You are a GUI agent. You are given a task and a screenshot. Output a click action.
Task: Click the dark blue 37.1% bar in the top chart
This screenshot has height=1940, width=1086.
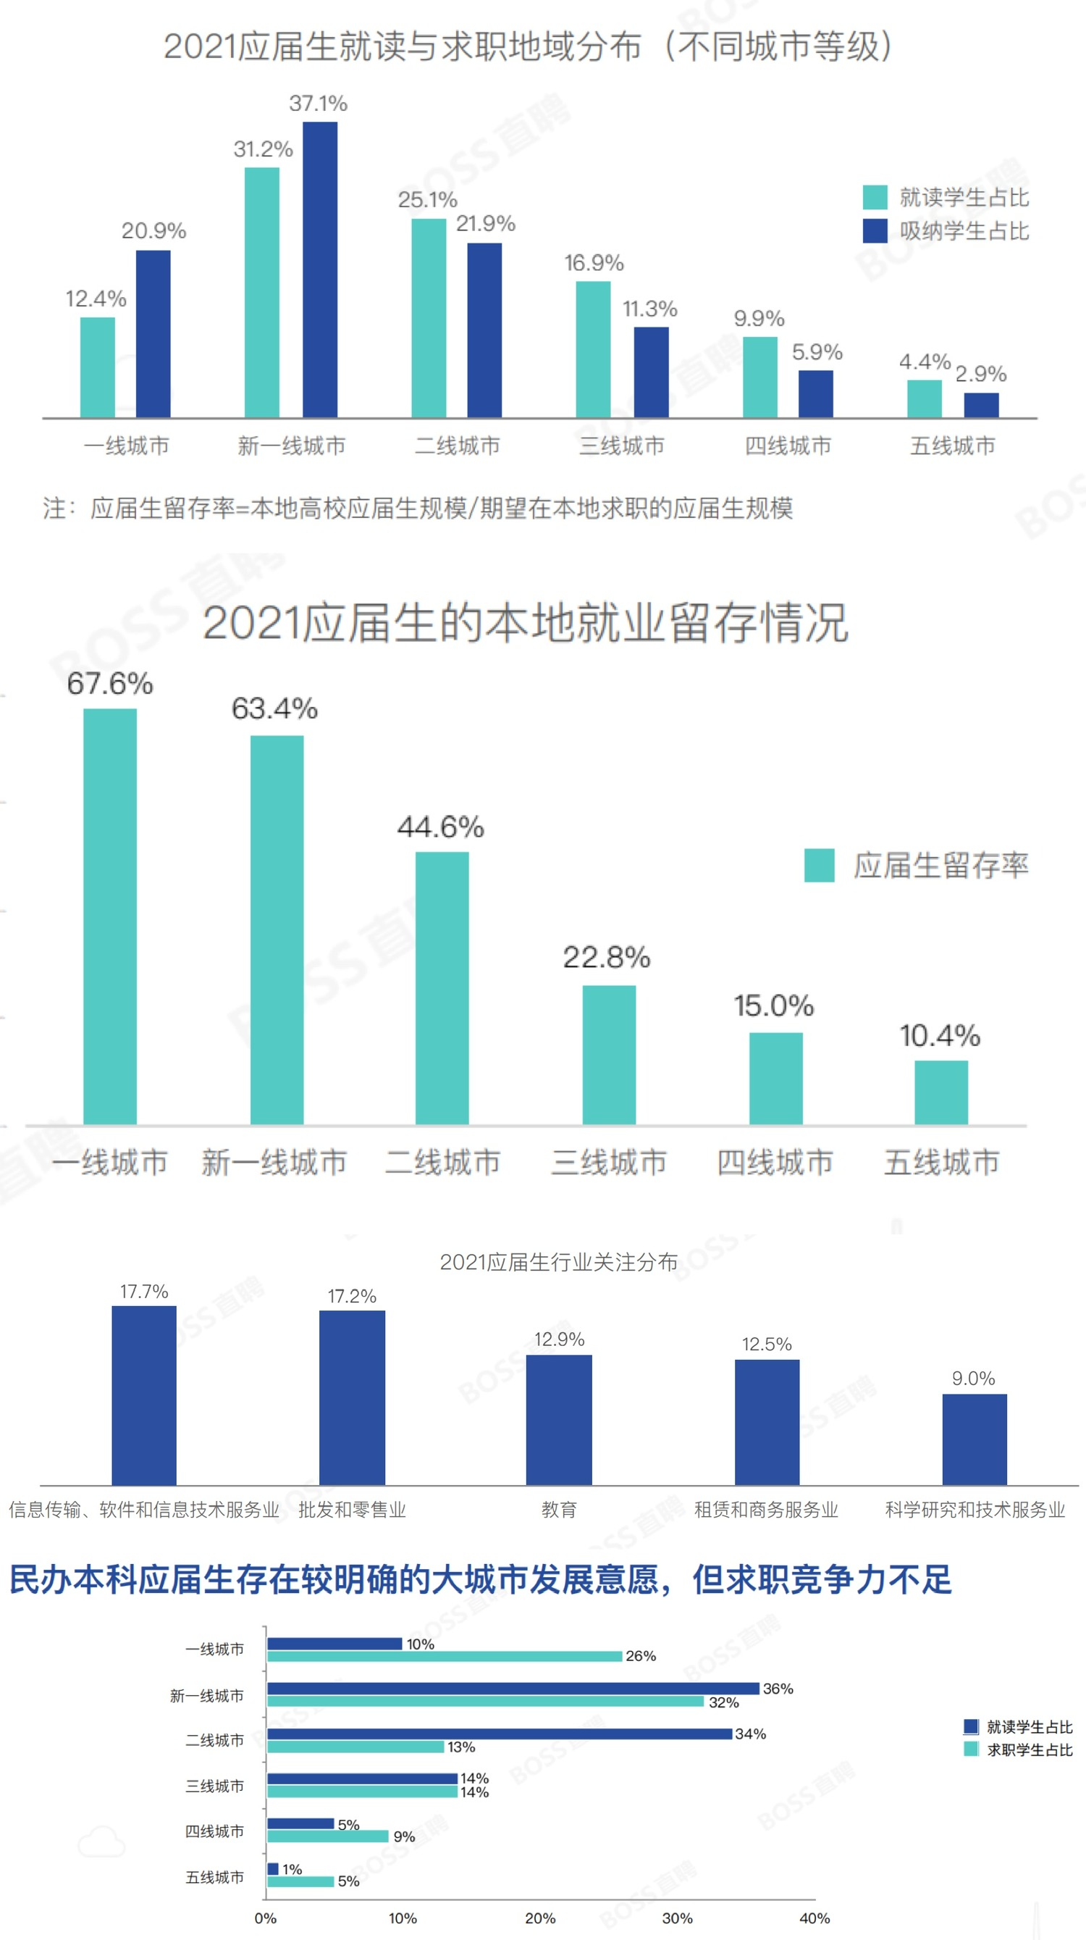[x=320, y=269]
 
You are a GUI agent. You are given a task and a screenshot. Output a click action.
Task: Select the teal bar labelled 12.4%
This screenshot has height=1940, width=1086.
[x=98, y=367]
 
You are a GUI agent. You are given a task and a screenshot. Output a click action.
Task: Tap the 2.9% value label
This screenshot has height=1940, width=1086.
[x=980, y=374]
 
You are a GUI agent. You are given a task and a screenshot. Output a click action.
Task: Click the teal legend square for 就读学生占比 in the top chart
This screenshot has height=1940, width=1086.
[x=875, y=197]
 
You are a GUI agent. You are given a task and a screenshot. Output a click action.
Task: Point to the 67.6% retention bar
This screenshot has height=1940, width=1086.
[x=110, y=916]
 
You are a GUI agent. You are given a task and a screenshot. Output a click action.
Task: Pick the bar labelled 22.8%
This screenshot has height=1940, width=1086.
[x=609, y=1054]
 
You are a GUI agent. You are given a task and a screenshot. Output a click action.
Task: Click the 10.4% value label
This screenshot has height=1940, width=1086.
[x=940, y=1035]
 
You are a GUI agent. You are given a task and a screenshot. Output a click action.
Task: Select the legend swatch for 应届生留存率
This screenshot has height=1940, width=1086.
[x=819, y=864]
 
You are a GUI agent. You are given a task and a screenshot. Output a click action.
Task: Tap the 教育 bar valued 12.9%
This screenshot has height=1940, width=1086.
[x=558, y=1420]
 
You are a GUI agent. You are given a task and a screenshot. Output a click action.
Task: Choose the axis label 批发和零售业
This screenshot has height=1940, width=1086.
[x=352, y=1509]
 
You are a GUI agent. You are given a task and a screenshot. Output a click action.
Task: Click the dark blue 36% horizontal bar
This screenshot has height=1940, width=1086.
[x=513, y=1689]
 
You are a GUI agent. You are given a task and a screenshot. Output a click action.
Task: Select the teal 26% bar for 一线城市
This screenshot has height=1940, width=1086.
[x=445, y=1656]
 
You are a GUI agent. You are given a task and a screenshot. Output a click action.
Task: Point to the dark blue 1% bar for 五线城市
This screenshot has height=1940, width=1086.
[x=273, y=1868]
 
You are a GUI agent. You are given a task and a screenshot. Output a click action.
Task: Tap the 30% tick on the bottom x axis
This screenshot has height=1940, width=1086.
[x=678, y=1918]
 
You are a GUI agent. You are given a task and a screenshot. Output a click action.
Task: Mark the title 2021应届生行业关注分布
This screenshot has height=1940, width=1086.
[x=558, y=1262]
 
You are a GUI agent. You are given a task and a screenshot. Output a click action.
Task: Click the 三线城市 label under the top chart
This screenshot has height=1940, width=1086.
[x=622, y=446]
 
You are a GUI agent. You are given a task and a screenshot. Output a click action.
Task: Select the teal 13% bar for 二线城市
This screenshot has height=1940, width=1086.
[x=355, y=1747]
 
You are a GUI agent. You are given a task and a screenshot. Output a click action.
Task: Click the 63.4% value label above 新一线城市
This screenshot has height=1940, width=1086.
[x=274, y=708]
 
